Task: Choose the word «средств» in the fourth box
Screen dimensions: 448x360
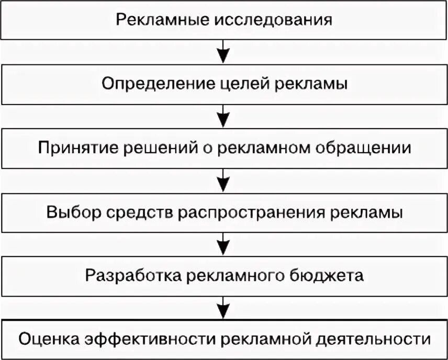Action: [x=135, y=212]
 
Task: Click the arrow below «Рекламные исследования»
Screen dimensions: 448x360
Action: [x=223, y=52]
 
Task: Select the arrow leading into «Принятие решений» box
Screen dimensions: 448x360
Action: [x=223, y=116]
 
